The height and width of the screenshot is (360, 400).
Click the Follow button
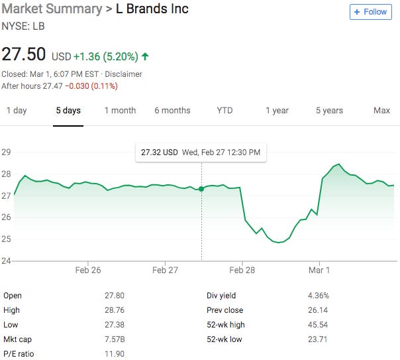pyautogui.click(x=370, y=12)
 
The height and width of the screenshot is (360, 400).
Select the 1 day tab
pyautogui.click(x=17, y=111)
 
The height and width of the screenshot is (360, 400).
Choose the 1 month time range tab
pyautogui.click(x=120, y=111)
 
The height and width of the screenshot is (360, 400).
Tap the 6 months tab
pyautogui.click(x=172, y=111)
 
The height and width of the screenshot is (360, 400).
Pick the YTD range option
pyautogui.click(x=225, y=111)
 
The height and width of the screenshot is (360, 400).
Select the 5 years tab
pyautogui.click(x=329, y=111)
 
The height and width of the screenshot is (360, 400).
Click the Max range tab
pyautogui.click(x=381, y=111)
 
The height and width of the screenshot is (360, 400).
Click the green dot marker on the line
pyautogui.click(x=201, y=189)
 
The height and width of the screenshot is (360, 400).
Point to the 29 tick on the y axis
pyautogui.click(x=7, y=152)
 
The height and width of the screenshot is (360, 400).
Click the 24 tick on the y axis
pyautogui.click(x=7, y=261)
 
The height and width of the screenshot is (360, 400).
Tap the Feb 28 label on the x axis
pyautogui.click(x=242, y=270)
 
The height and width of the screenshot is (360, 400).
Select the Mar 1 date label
pyautogui.click(x=319, y=270)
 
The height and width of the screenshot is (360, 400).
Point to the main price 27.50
pyautogui.click(x=24, y=55)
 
